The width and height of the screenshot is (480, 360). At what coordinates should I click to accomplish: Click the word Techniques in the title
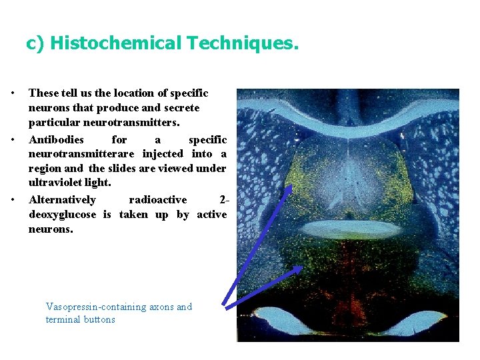(x=243, y=44)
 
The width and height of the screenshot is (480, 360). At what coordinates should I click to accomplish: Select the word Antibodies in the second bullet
(x=57, y=140)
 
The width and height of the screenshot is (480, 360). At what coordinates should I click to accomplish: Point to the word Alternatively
(x=63, y=200)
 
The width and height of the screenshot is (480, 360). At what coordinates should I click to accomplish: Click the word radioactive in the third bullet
(x=157, y=200)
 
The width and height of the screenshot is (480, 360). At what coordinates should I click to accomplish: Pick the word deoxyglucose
(x=64, y=214)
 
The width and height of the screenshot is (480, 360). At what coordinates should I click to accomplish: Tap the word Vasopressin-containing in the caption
(x=94, y=307)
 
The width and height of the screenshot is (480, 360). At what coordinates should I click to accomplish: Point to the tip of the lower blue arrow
(x=301, y=267)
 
